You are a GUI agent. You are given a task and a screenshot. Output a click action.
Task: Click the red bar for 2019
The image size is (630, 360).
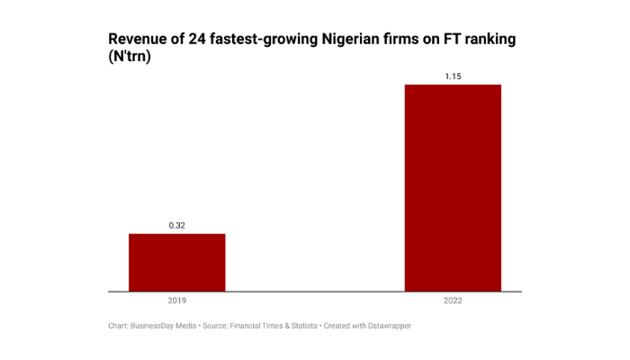[176, 262]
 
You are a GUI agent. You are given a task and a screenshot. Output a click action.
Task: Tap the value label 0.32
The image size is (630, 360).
[176, 225]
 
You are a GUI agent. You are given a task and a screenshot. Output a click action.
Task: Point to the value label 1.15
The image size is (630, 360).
[453, 76]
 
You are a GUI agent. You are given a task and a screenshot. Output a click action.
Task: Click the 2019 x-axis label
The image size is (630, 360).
[176, 301]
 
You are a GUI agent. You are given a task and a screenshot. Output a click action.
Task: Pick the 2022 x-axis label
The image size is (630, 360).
[453, 301]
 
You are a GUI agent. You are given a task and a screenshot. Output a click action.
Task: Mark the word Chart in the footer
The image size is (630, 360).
[117, 325]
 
